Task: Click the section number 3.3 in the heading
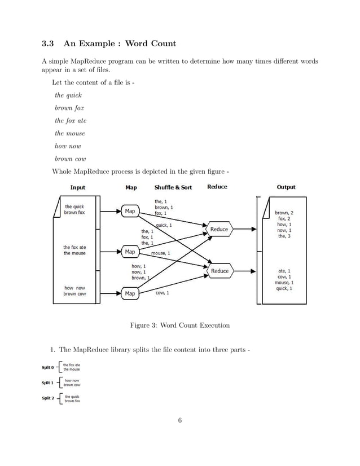click(x=48, y=43)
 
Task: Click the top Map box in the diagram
click(x=130, y=211)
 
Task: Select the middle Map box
click(x=130, y=252)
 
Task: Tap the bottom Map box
click(x=130, y=293)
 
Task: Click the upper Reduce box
click(x=219, y=230)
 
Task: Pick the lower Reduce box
click(x=219, y=271)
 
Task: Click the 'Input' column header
click(x=78, y=187)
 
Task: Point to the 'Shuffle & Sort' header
click(x=173, y=187)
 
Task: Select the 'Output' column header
click(x=286, y=187)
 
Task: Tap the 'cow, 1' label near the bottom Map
click(x=161, y=293)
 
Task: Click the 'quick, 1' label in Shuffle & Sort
click(x=164, y=225)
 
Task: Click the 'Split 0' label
click(x=48, y=367)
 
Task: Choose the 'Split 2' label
click(x=48, y=398)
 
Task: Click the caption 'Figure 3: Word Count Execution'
click(x=180, y=326)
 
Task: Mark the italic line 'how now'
click(x=68, y=146)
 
